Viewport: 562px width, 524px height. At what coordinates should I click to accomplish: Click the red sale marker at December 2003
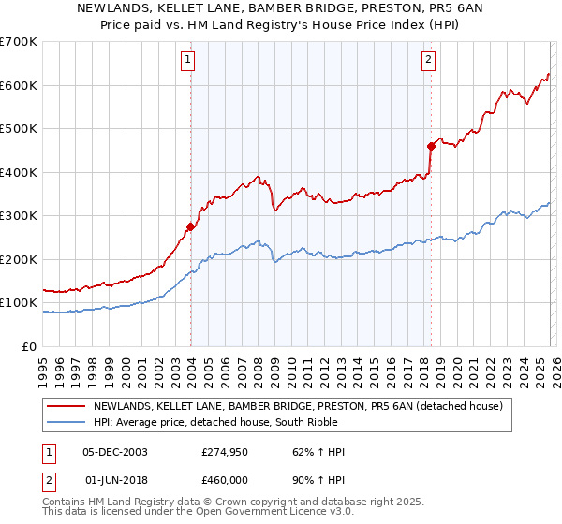190,226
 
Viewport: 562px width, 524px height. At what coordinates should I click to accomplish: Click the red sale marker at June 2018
431,146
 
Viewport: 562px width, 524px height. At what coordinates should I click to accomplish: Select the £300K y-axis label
19,216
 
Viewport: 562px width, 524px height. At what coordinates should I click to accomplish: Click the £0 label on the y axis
30,347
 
